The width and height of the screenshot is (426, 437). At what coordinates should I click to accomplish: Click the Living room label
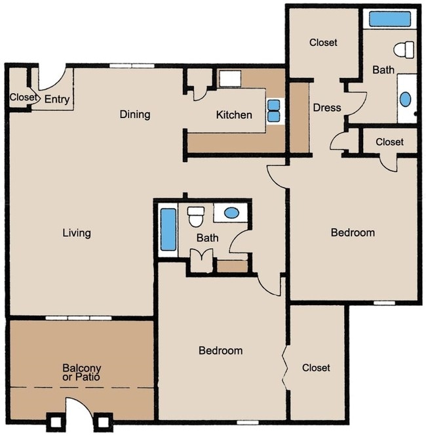click(77, 233)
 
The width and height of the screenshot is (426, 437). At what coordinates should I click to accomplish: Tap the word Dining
click(135, 115)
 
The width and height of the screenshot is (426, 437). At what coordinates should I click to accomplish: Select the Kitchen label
click(234, 115)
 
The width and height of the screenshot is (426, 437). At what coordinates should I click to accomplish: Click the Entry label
click(57, 100)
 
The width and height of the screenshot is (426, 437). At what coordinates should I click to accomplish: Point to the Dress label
click(327, 108)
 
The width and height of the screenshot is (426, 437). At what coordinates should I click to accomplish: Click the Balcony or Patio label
click(81, 372)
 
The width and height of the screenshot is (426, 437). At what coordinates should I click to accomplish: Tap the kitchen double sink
click(274, 111)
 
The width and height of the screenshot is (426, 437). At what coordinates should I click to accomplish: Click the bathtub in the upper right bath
click(390, 19)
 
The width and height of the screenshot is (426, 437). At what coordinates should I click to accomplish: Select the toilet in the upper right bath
click(404, 50)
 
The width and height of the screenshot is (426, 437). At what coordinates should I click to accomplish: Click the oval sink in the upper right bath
click(405, 99)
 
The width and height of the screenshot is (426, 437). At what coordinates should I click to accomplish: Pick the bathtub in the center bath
click(168, 230)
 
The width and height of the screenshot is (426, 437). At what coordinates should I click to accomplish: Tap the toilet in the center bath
click(195, 217)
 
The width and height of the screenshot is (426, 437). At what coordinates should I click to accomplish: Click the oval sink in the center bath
click(231, 213)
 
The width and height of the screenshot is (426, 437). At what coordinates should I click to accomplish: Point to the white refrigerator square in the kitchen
click(230, 79)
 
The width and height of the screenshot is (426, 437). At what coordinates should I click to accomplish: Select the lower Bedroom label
click(220, 350)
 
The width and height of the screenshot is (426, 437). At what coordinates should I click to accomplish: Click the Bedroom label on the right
click(353, 233)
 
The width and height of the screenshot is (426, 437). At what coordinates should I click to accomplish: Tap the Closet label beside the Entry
click(24, 97)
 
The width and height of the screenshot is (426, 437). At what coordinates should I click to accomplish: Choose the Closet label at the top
click(323, 43)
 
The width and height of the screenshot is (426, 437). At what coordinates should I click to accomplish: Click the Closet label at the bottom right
click(316, 368)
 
